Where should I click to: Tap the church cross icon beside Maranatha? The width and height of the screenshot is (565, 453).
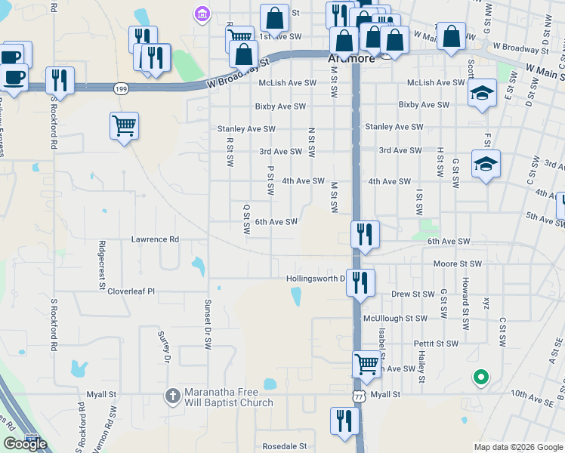click(173, 395)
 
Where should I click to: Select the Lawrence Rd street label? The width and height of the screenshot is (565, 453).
click(155, 239)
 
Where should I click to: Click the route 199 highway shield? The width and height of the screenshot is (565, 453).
click(122, 89)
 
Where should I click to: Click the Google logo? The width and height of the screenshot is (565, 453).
click(26, 444)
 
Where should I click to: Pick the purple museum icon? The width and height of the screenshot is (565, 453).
click(202, 14)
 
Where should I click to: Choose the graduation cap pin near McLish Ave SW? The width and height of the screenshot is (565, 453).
click(482, 93)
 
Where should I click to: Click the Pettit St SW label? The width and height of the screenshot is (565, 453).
click(436, 344)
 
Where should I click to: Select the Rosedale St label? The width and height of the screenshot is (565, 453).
click(284, 446)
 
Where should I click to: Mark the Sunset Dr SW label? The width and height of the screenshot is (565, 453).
click(207, 323)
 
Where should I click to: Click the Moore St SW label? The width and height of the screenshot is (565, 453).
click(457, 264)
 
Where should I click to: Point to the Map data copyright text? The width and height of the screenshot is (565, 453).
click(517, 447)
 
